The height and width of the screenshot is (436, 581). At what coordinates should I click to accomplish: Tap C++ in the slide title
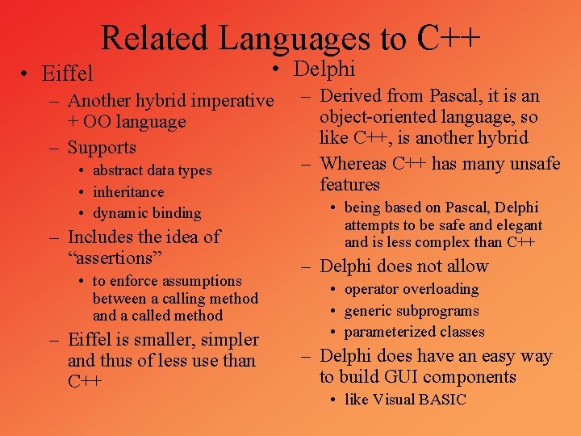(x=449, y=38)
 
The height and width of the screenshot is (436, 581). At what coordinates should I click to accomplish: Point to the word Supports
(x=102, y=148)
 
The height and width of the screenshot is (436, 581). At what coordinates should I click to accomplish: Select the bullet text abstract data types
(x=152, y=170)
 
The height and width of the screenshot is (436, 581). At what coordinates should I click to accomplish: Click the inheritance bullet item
(x=128, y=192)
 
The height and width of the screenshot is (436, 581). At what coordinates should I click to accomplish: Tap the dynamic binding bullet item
(x=147, y=214)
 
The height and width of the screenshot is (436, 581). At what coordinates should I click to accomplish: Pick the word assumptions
(x=207, y=281)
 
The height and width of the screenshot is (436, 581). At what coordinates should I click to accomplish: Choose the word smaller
(x=175, y=340)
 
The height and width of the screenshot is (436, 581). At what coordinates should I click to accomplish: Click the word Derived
(x=352, y=96)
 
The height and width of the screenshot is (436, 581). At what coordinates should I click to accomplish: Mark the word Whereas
(x=353, y=164)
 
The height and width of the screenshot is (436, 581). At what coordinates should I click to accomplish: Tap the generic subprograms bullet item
(x=412, y=311)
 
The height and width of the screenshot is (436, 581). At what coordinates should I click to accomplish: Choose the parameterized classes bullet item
(x=415, y=332)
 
